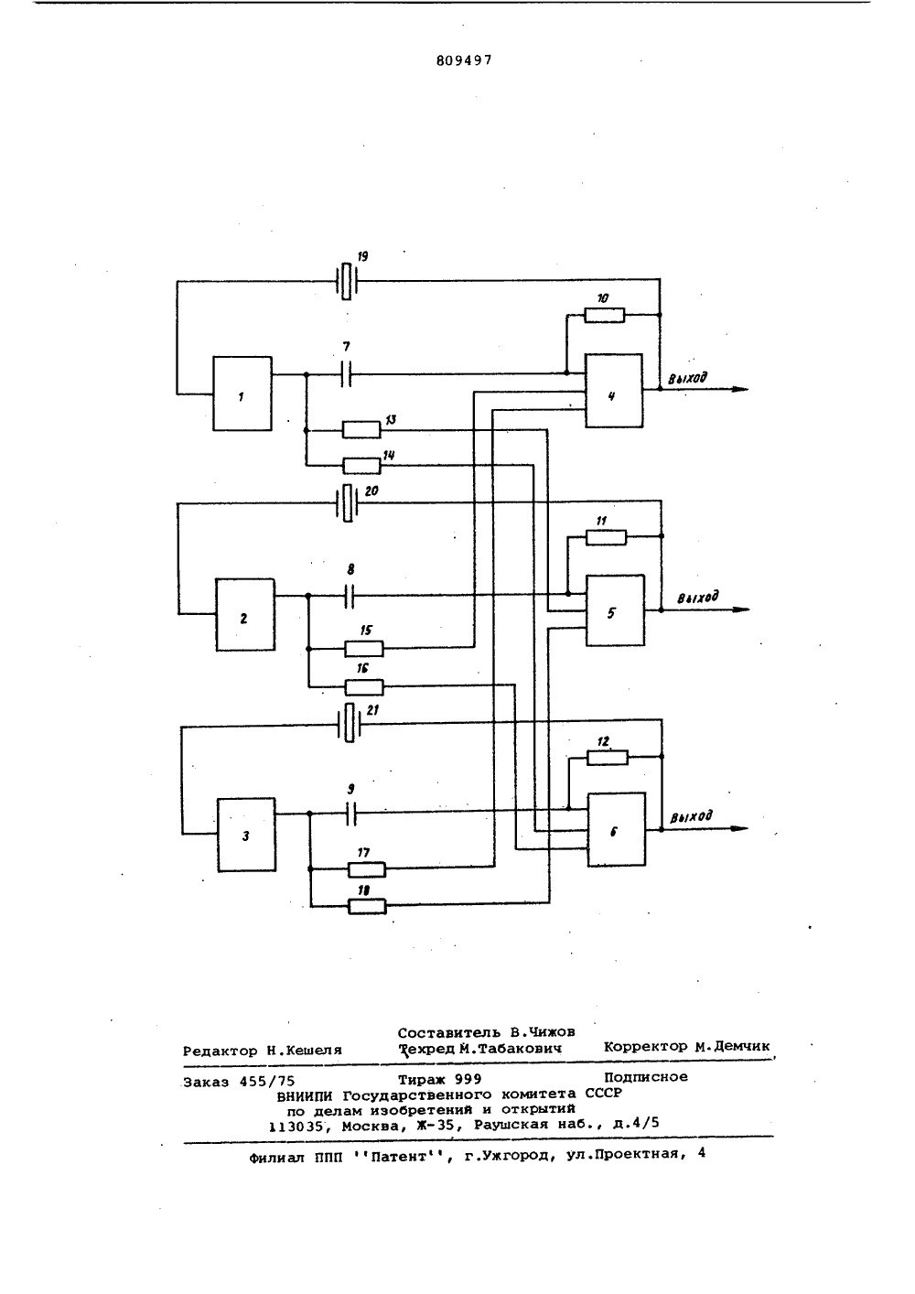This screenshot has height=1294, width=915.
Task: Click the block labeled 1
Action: pos(242,394)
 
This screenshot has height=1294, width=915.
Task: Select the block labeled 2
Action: pos(245,615)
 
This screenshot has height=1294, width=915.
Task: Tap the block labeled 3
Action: pos(247,835)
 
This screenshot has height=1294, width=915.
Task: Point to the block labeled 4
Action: pos(614,391)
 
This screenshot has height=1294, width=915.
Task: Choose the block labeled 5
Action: pos(615,610)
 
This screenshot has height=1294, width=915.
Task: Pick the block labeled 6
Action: pos(617,829)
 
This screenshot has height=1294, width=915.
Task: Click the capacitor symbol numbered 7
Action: pos(346,374)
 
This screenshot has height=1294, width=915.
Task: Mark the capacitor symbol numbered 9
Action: pos(350,814)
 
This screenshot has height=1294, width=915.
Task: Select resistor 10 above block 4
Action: pos(604,316)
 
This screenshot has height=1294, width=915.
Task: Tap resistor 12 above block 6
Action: pos(608,758)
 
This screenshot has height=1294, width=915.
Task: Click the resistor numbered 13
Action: pos(361,430)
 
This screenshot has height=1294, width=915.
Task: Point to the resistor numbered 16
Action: pos(364,687)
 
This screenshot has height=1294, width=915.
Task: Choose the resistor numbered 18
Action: pos(368,906)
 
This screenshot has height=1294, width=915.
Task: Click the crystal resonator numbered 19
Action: pos(346,281)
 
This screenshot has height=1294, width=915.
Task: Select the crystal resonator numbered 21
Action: pos(349,723)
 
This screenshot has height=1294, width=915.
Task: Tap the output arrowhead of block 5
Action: pos(742,609)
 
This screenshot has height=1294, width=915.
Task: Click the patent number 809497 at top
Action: pos(465,60)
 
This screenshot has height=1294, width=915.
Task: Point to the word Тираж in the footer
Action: pos(420,1080)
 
